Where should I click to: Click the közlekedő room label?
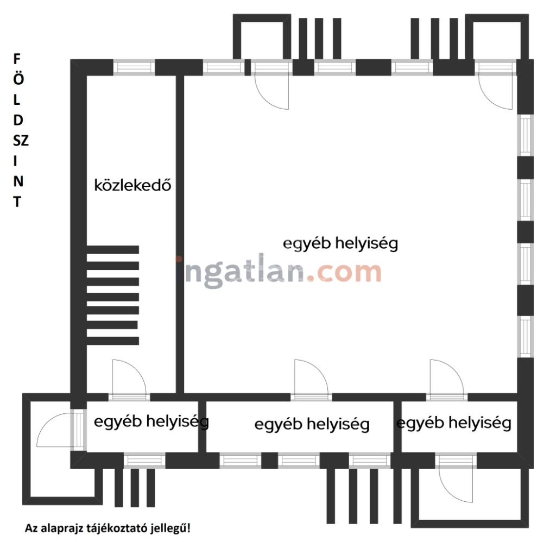pos(132,185)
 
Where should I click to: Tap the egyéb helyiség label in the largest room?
pos(340,244)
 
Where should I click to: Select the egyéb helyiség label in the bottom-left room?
pos(151,422)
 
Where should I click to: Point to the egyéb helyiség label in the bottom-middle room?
pos(312,424)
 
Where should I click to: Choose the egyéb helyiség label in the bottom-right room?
pos(454,423)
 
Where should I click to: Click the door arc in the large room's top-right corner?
pos(495,92)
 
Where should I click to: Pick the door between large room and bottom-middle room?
pos(311,377)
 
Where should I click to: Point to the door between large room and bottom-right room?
pos(447,377)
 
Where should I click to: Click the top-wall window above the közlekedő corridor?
pos(134,67)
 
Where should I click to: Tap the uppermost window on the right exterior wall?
pos(526,135)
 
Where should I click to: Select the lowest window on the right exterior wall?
pos(526,336)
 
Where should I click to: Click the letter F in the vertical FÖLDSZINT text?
pos(17,59)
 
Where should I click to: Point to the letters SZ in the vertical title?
pos(21,141)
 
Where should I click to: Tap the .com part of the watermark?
pos(343,273)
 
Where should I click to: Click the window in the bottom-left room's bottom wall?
pos(144,461)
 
